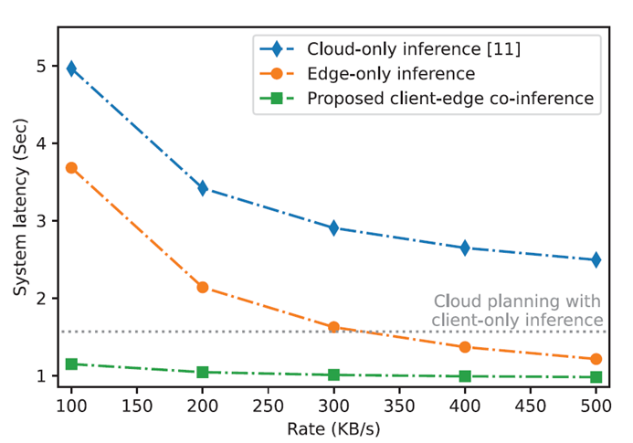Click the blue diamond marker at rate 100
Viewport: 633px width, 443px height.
click(71, 69)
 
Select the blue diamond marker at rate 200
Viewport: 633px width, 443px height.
click(203, 188)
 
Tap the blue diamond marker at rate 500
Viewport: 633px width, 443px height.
click(596, 259)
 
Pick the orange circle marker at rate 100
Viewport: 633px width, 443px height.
click(71, 168)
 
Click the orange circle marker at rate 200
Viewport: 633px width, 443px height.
click(203, 287)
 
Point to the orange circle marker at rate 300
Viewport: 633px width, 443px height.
click(333, 326)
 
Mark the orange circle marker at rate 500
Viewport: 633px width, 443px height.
click(596, 359)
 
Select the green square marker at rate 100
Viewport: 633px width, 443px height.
click(71, 364)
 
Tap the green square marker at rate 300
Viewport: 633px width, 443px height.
click(333, 374)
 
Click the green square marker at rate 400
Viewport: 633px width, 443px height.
click(465, 375)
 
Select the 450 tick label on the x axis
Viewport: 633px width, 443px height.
click(530, 403)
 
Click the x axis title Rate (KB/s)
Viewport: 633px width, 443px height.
click(333, 427)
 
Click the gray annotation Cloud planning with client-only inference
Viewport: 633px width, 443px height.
click(518, 311)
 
